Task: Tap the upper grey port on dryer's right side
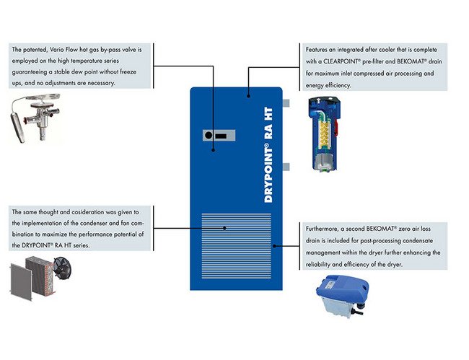[x=286, y=104]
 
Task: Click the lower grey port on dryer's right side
[x=286, y=167]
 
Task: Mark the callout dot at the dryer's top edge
[x=247, y=94]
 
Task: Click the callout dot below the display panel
[x=214, y=150]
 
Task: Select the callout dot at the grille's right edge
[x=274, y=246]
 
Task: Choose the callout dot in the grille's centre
[x=224, y=229]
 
